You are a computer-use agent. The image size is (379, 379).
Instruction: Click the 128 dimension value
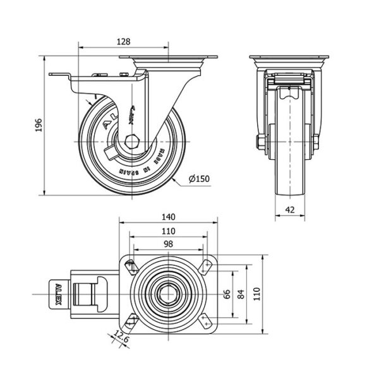124,41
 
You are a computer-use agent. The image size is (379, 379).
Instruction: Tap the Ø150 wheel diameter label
200,179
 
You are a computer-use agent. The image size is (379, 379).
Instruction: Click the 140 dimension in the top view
168,217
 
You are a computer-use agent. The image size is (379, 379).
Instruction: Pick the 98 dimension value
168,244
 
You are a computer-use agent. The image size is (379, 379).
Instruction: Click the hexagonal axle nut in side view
133,141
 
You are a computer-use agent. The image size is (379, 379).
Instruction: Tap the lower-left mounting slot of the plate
131,321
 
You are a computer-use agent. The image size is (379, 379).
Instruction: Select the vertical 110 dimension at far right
257,293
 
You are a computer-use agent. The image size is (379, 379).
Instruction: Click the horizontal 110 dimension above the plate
168,231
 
